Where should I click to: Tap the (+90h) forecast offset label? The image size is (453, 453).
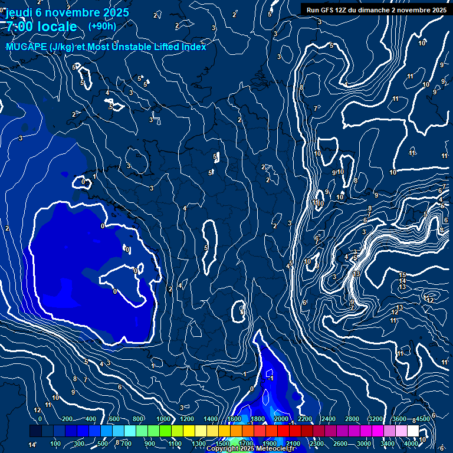point(102,26)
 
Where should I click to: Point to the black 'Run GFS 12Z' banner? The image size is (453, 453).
point(376,9)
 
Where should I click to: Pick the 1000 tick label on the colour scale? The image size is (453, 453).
point(162,419)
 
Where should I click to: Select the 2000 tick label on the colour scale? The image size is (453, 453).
point(281,419)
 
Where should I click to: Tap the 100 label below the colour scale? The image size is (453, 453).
point(56,444)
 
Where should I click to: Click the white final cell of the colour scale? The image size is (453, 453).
point(413,431)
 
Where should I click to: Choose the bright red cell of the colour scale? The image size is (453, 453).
point(283,431)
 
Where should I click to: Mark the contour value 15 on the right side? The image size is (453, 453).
point(402,275)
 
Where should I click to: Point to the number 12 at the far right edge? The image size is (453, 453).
point(430,300)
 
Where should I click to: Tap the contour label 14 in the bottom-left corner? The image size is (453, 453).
point(33,444)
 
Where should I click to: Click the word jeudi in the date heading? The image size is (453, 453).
point(18,12)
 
